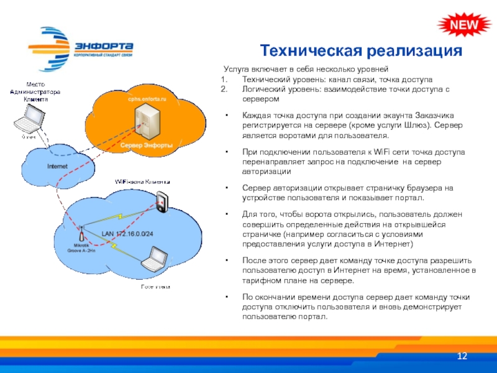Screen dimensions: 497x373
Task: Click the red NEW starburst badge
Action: (460, 24)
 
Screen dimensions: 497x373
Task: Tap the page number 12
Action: (462, 356)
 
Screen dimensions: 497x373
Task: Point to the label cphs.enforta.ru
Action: (148, 99)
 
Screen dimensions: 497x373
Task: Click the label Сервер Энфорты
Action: (147, 144)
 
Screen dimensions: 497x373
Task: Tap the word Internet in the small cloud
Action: (58, 166)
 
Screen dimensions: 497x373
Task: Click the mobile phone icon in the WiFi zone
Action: (162, 201)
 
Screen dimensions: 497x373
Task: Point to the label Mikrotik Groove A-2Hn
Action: (81, 249)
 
